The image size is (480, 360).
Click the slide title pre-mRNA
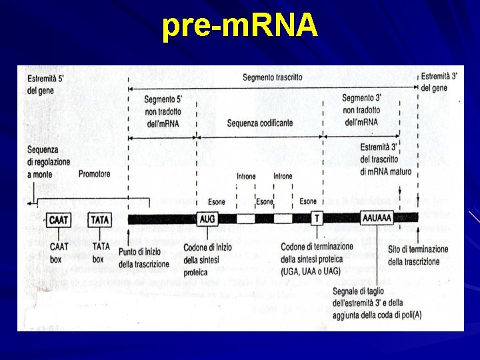tap(239, 26)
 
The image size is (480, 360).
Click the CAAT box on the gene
tap(59, 218)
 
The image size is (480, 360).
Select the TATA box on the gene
tap(100, 218)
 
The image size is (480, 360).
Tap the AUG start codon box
tap(207, 218)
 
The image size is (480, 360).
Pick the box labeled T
tap(317, 218)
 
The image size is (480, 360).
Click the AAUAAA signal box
tap(377, 218)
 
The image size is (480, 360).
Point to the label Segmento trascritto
tap(272, 77)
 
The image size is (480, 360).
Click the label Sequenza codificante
tap(259, 123)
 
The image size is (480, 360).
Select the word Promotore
tap(94, 175)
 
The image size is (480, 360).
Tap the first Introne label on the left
tap(246, 177)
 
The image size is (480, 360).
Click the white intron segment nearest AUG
tap(246, 218)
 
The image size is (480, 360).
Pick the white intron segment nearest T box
tap(283, 218)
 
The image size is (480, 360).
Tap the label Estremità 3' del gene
tap(438, 82)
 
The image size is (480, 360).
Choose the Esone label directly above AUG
tap(216, 202)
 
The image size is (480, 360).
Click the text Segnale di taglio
tap(363, 292)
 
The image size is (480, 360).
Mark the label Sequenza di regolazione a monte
tap(43, 162)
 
